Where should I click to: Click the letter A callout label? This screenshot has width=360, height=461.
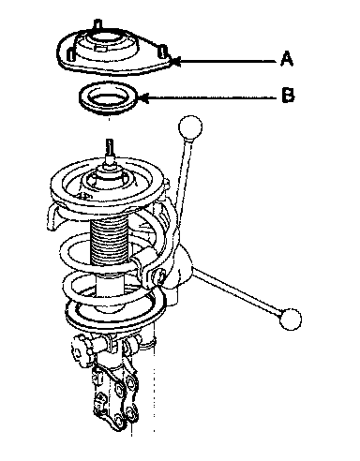pyautogui.click(x=287, y=59)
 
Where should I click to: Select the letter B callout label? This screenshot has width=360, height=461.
pyautogui.click(x=288, y=95)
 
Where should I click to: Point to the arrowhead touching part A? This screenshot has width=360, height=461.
pyautogui.click(x=175, y=61)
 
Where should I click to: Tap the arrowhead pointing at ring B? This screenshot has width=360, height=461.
pyautogui.click(x=142, y=98)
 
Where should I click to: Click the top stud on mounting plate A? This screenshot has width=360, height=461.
pyautogui.click(x=97, y=24)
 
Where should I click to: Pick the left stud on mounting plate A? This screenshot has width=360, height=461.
pyautogui.click(x=71, y=54)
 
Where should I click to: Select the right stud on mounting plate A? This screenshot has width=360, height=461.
pyautogui.click(x=163, y=52)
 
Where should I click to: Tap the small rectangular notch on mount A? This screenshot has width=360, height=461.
pyautogui.click(x=99, y=48)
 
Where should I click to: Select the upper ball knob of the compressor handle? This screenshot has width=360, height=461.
pyautogui.click(x=190, y=126)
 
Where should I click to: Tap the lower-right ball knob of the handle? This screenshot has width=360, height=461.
pyautogui.click(x=291, y=319)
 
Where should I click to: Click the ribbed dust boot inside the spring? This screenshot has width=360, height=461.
pyautogui.click(x=109, y=242)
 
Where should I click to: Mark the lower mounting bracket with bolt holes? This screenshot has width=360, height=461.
pyautogui.click(x=116, y=396)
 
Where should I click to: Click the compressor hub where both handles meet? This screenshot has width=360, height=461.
pyautogui.click(x=176, y=269)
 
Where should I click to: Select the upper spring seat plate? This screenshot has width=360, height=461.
pyautogui.click(x=107, y=185)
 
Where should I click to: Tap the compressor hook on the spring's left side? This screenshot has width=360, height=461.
pyautogui.click(x=53, y=217)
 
